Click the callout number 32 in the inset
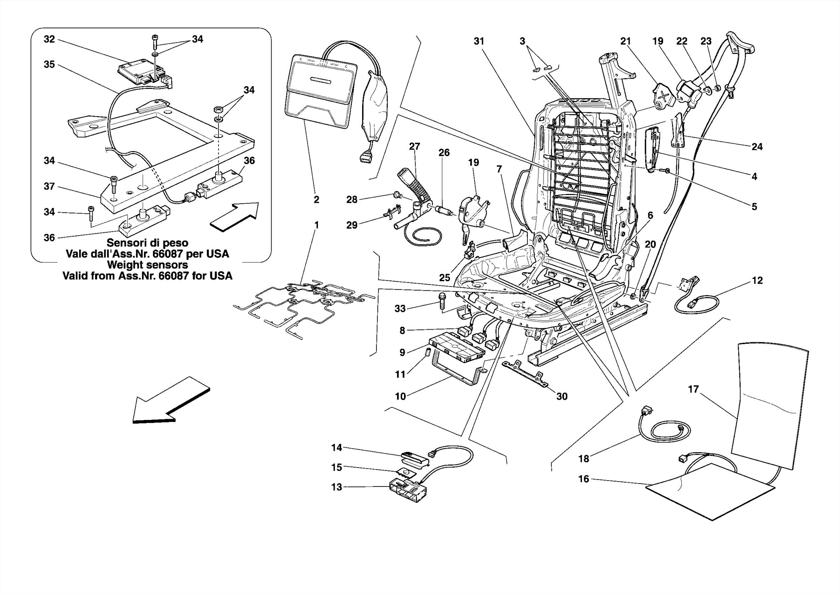tap(49, 39)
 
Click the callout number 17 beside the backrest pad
tap(693, 389)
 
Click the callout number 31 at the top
tap(479, 41)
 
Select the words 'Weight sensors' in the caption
tap(147, 265)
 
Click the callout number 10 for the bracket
tap(400, 396)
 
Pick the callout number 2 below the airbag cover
tap(316, 200)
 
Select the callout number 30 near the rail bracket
tap(562, 396)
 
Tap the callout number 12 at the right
tap(757, 280)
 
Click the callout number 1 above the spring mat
tap(316, 225)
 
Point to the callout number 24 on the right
tap(757, 147)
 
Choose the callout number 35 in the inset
tap(49, 64)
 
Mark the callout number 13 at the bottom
tap(336, 487)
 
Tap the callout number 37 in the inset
tap(49, 186)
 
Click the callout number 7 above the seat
tap(499, 169)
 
